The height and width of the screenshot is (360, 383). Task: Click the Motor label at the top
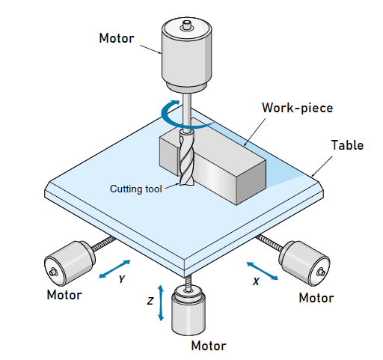(x=117, y=38)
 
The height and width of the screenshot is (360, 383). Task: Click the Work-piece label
(x=297, y=107)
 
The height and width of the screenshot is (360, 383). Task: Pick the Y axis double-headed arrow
(x=114, y=269)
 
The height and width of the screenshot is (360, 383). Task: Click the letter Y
(x=122, y=280)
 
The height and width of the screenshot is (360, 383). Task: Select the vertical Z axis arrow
(x=159, y=303)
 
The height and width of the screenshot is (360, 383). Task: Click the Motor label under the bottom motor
(x=208, y=346)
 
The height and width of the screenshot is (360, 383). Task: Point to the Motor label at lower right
(x=316, y=298)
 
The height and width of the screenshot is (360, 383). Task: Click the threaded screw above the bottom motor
(x=189, y=283)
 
